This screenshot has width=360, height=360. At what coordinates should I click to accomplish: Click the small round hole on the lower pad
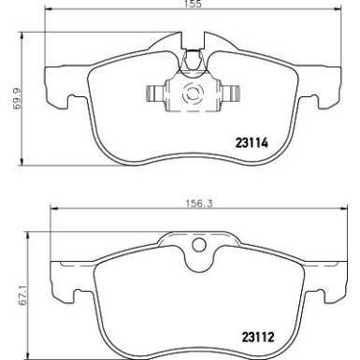tap(197, 246)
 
